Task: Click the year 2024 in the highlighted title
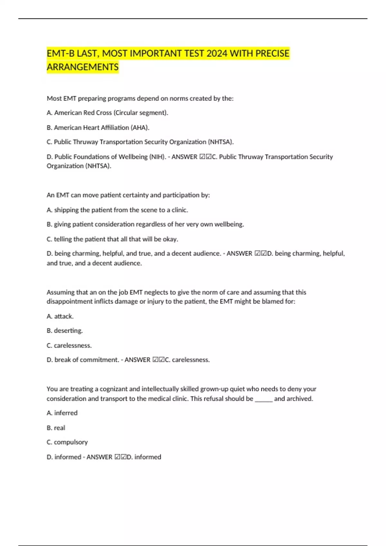(217, 53)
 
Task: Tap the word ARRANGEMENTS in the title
(83, 67)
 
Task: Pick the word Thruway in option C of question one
(85, 142)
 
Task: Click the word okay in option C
(170, 239)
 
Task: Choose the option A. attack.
(60, 316)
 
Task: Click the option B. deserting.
(65, 330)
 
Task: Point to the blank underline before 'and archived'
(263, 399)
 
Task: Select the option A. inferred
(62, 413)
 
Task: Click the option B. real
(56, 428)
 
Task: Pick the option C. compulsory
(67, 442)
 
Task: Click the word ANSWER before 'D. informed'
(99, 457)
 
